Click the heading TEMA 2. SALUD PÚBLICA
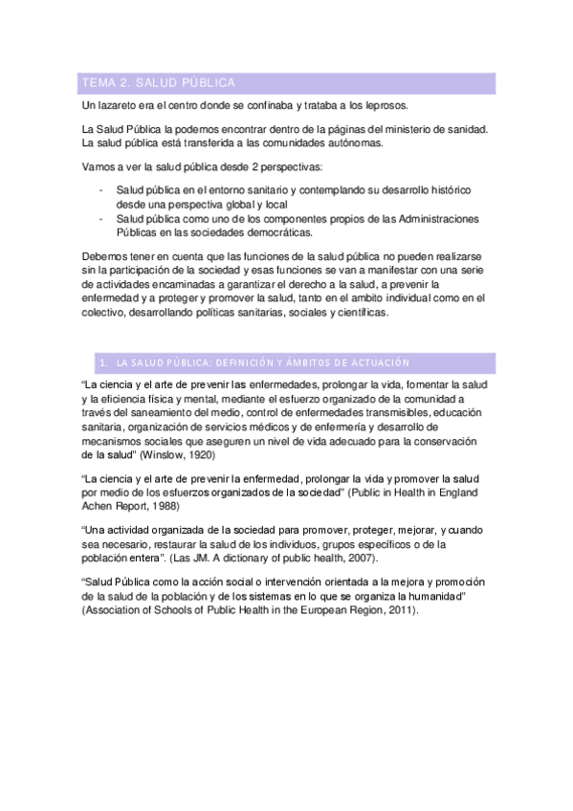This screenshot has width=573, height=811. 159,83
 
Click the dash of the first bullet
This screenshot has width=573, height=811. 101,190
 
